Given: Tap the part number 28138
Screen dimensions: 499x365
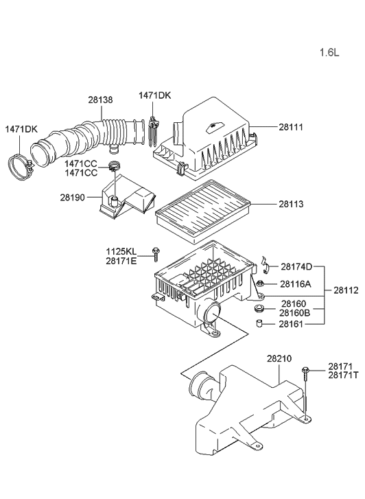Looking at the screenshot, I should [x=100, y=100].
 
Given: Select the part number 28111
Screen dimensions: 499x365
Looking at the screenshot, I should [x=292, y=127].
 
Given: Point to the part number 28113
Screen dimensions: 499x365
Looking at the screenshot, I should [x=292, y=204].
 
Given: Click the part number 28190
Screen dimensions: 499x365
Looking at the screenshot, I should [x=74, y=197].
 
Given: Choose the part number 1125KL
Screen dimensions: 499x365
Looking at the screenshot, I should [x=121, y=251].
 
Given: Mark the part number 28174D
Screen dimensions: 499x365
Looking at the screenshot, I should [x=296, y=266].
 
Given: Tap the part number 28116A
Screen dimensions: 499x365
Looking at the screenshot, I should [x=296, y=283].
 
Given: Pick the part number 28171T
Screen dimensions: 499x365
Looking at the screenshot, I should [x=344, y=376].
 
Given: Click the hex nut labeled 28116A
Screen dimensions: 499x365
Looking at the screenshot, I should [x=261, y=283].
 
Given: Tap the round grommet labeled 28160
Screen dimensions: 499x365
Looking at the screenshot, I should [x=261, y=305].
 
